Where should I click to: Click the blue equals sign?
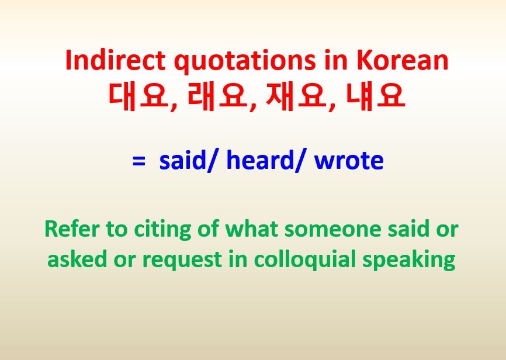138,161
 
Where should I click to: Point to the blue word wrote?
349,160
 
